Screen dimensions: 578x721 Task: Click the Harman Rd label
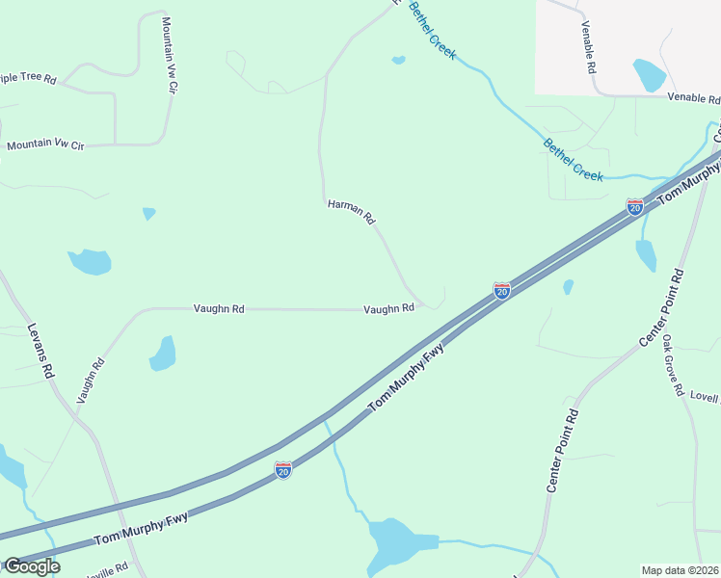pos(351,212)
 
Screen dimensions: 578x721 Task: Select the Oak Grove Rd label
pos(671,366)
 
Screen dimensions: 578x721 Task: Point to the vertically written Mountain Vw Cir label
pos(171,54)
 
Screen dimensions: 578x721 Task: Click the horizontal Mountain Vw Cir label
pos(45,145)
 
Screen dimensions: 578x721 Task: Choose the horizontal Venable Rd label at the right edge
pos(693,98)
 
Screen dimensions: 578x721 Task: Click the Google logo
pos(31,566)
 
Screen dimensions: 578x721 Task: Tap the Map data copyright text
pos(681,569)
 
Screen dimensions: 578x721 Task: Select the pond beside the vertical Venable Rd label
pos(649,74)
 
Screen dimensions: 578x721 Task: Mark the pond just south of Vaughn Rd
pos(163,354)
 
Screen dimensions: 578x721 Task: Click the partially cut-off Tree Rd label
pos(29,78)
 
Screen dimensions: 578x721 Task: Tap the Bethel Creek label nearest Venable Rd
pos(574,160)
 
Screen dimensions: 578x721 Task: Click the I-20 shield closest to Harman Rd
pos(502,290)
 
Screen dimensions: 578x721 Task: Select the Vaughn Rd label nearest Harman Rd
pos(388,308)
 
